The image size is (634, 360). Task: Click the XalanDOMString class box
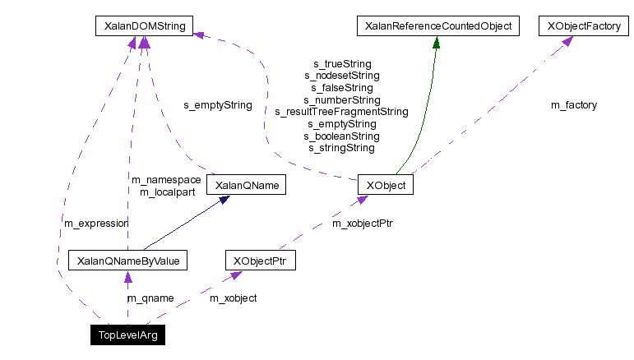click(x=144, y=26)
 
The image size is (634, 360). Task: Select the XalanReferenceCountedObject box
click(x=435, y=26)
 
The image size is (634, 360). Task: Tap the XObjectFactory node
click(x=579, y=26)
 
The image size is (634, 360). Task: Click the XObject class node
click(x=385, y=185)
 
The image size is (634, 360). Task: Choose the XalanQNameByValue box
click(x=127, y=261)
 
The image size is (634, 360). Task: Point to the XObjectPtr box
click(x=260, y=261)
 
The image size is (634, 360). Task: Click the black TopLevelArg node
click(x=127, y=335)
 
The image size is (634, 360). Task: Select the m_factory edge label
click(x=574, y=105)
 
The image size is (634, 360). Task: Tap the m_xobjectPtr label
click(x=363, y=223)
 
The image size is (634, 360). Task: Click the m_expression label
click(x=95, y=223)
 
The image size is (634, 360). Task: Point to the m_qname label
click(x=150, y=298)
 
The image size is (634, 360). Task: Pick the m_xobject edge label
click(x=234, y=298)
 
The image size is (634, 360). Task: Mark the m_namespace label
click(x=166, y=180)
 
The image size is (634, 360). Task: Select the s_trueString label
click(x=342, y=63)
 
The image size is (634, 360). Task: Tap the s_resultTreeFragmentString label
click(x=342, y=112)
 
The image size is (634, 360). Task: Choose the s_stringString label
click(x=342, y=149)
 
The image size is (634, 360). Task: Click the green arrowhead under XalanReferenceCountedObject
click(x=435, y=41)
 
